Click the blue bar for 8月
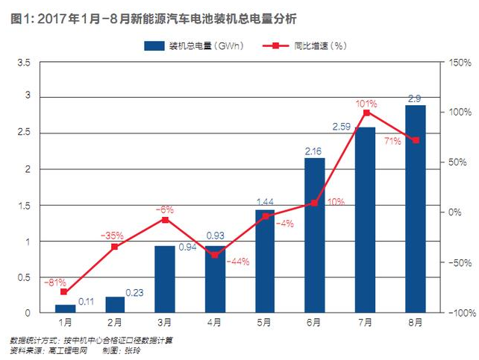pyautogui.click(x=415, y=209)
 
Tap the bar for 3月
pyautogui.click(x=164, y=280)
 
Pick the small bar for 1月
pyautogui.click(x=65, y=309)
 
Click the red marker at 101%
pyautogui.click(x=366, y=113)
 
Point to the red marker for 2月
pyautogui.click(x=115, y=247)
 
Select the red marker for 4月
pyautogui.click(x=215, y=255)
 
